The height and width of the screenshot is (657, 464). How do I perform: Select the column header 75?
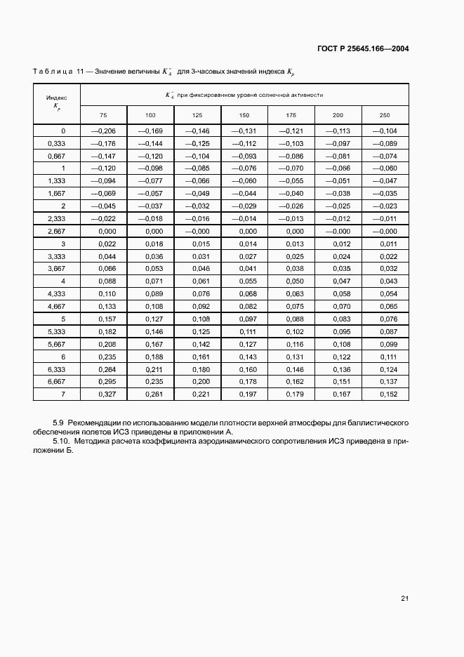point(103,114)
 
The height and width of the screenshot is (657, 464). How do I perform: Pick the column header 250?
point(384,114)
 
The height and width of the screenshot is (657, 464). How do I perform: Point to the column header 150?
point(244,114)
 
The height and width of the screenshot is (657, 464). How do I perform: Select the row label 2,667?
point(57,231)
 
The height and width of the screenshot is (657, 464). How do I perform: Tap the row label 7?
point(62,394)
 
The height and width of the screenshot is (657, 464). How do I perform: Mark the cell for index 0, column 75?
point(103,131)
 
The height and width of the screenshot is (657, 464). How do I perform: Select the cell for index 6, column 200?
point(338,357)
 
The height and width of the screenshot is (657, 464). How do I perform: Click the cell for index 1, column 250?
point(384,168)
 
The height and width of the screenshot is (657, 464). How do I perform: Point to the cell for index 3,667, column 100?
point(150,268)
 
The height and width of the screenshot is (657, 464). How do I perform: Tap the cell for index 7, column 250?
point(384,394)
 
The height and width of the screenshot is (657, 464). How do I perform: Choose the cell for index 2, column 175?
point(291,206)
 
